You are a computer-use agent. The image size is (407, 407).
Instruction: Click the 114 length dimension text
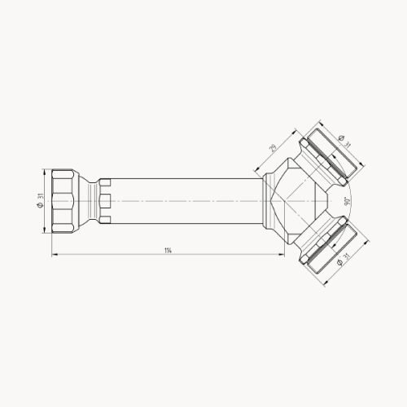[168, 250]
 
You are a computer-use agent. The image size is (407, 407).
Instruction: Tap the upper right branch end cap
[333, 155]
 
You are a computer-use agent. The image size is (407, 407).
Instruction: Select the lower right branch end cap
[331, 246]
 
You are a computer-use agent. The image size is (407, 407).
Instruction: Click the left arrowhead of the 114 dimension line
[55, 255]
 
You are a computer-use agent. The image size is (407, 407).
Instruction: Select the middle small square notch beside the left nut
[104, 200]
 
